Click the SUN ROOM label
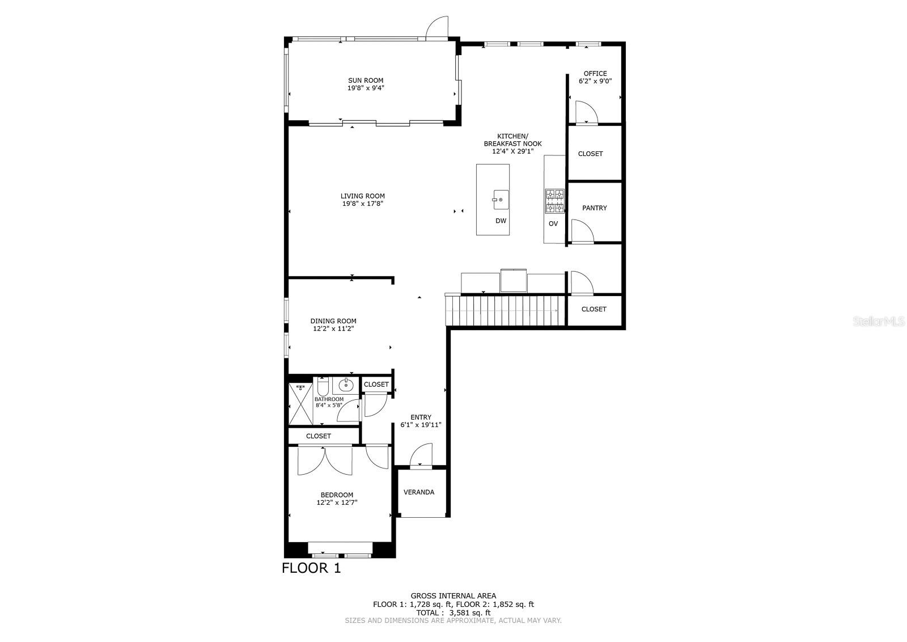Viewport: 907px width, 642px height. [366, 81]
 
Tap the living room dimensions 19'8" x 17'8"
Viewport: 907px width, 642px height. [363, 204]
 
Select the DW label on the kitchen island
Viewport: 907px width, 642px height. [501, 221]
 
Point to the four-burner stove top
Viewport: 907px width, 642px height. [555, 201]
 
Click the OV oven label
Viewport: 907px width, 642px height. [553, 223]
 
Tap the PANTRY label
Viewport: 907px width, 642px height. [594, 208]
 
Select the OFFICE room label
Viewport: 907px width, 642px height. [595, 74]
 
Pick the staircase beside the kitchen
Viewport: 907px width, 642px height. [506, 311]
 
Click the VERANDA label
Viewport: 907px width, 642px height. [419, 492]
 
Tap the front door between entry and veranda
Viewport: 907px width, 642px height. [421, 457]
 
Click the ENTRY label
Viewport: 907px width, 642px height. [421, 417]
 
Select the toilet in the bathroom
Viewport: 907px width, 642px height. [323, 387]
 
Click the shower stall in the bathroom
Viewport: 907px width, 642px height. [300, 404]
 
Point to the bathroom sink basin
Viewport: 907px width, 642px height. [346, 386]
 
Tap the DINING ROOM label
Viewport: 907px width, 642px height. [333, 321]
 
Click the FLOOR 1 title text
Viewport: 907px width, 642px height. [311, 568]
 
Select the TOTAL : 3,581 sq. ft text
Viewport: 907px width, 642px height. [453, 613]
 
